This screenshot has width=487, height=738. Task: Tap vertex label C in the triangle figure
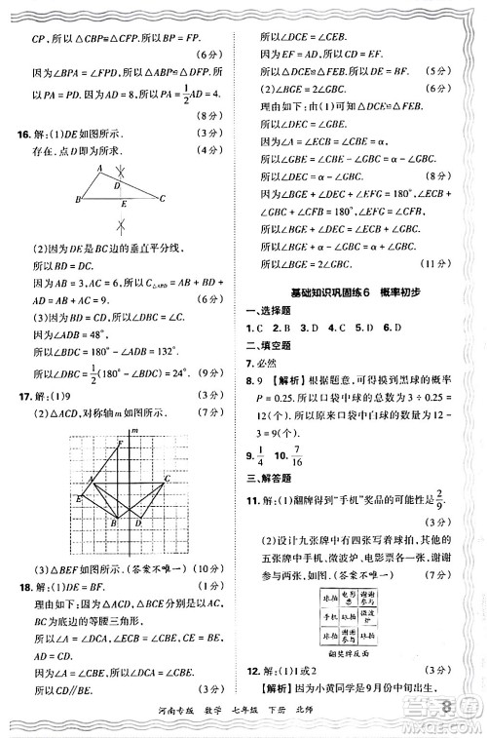pos(162,199)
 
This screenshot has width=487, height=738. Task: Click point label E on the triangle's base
pos(124,206)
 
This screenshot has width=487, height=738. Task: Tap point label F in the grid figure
pos(119,445)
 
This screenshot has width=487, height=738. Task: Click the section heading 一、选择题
pos(277,310)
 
